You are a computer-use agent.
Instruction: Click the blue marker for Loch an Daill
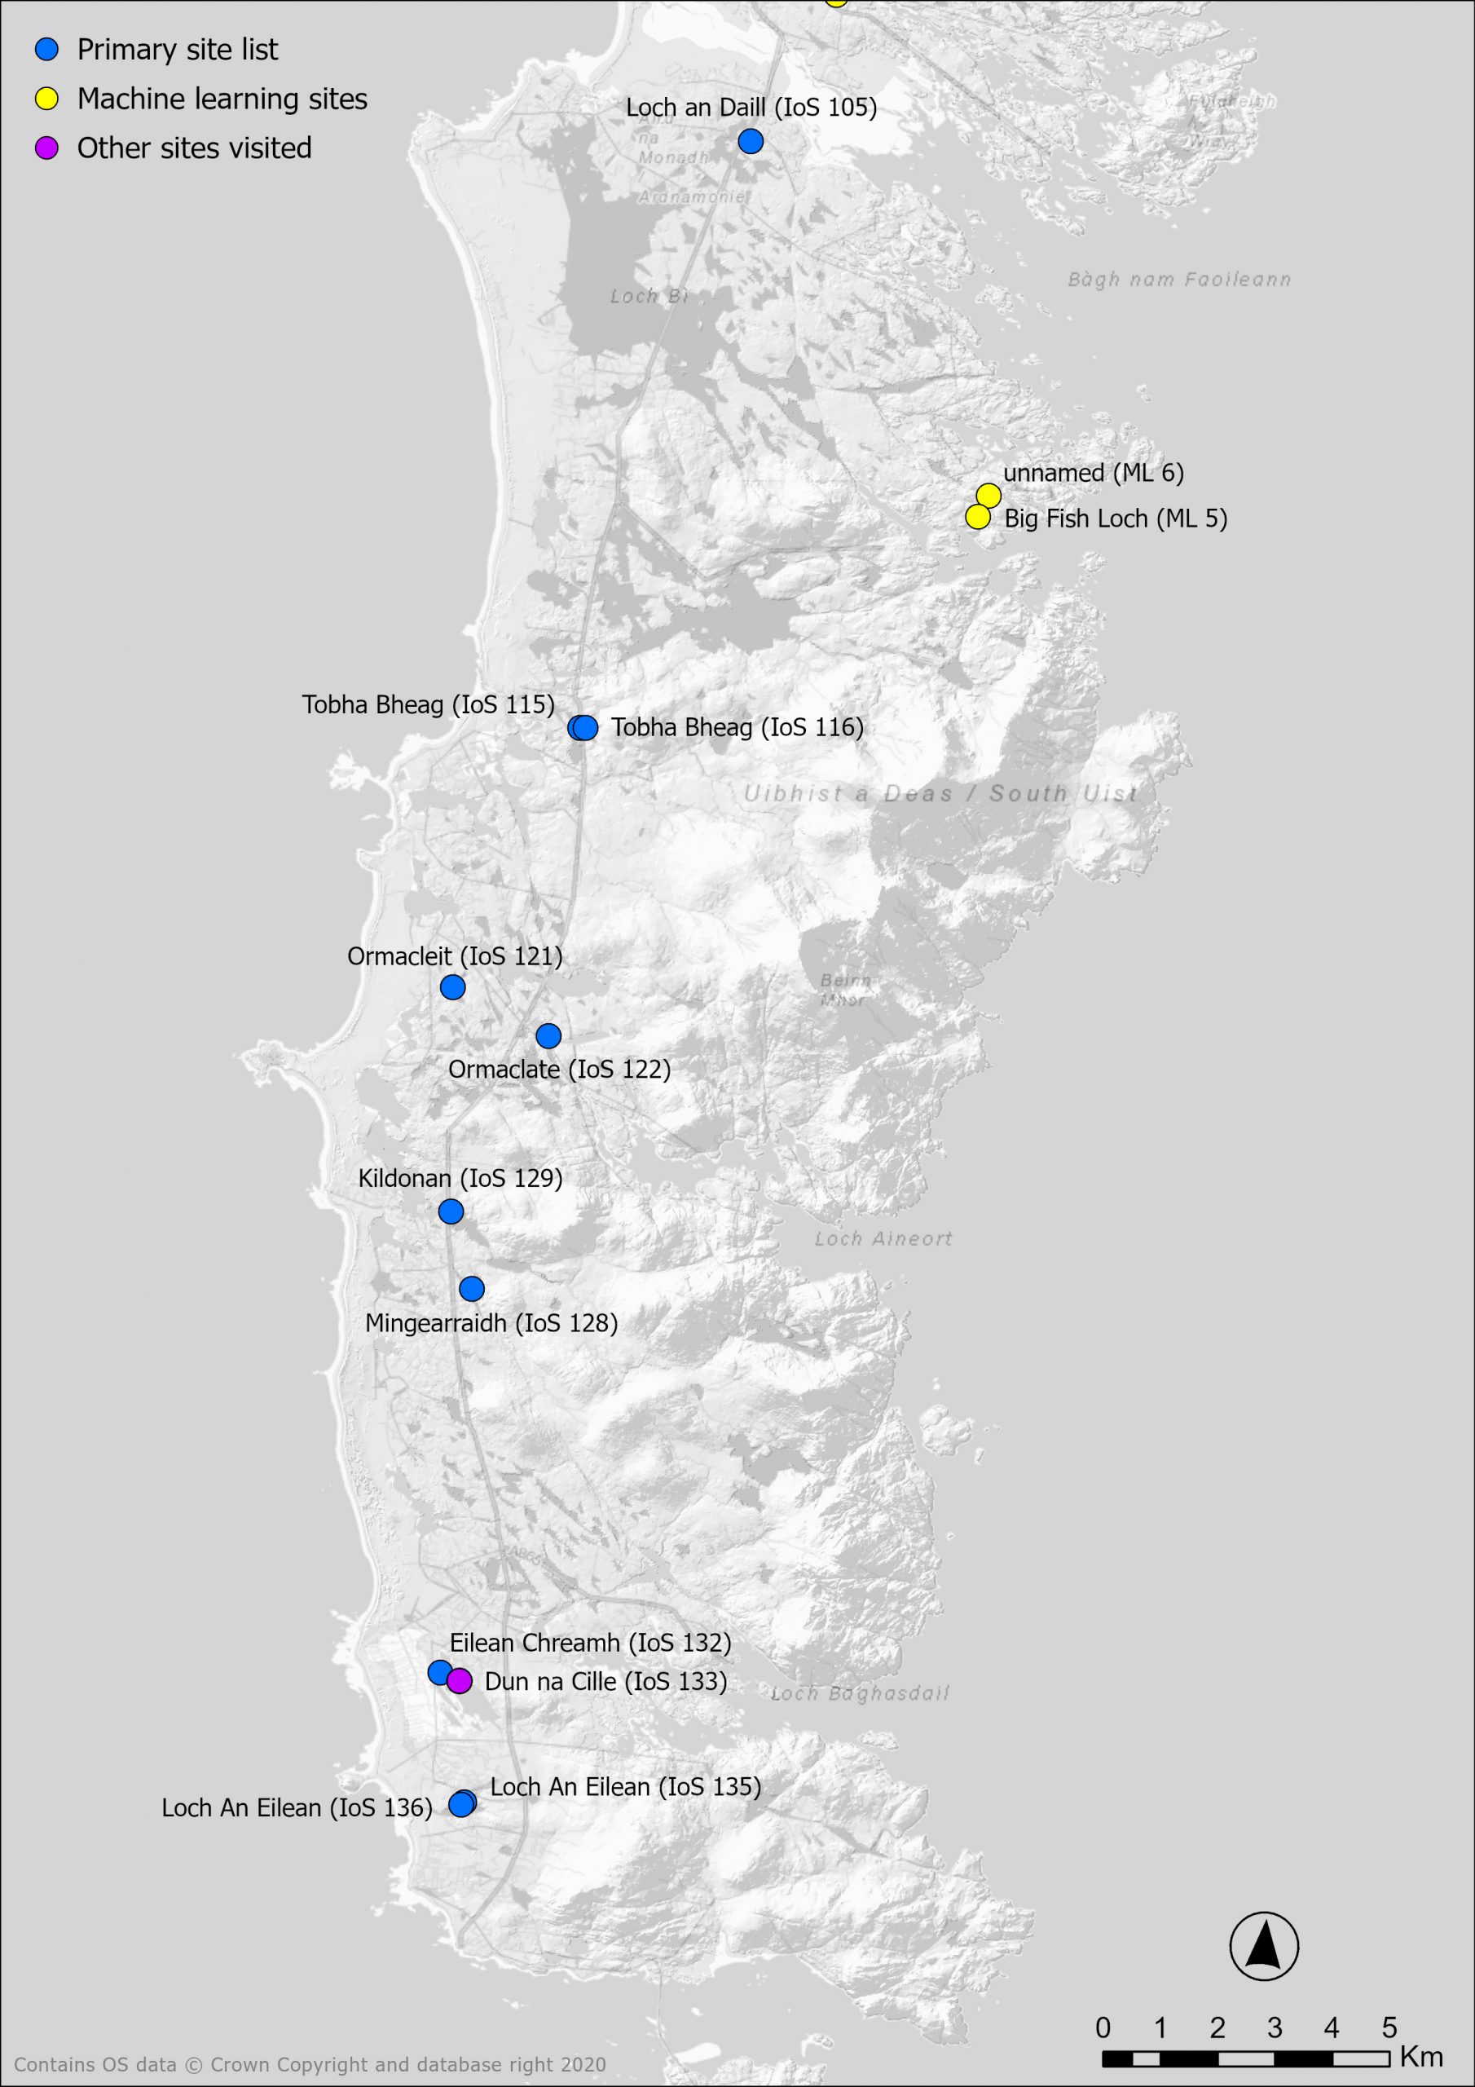(x=750, y=141)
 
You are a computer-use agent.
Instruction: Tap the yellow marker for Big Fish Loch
(x=977, y=517)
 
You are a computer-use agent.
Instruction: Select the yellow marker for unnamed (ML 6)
(x=988, y=496)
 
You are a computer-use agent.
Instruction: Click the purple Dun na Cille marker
(x=460, y=1682)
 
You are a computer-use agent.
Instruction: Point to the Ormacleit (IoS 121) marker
(x=452, y=987)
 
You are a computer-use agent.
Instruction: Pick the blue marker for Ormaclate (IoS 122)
(x=548, y=1036)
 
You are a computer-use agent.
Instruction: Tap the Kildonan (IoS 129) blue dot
(x=451, y=1211)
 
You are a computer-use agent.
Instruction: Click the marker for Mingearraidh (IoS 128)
(x=472, y=1289)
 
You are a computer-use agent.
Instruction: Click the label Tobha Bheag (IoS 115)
(x=428, y=705)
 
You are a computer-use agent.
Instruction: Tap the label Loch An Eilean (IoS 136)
(x=297, y=1808)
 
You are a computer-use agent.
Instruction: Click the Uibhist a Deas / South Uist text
(x=940, y=793)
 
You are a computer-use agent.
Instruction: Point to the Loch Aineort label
(x=883, y=1239)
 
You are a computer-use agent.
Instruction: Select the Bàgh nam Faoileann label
(x=1178, y=280)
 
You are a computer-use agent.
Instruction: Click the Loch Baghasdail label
(x=860, y=1693)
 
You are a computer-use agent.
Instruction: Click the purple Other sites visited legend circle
(x=46, y=148)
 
